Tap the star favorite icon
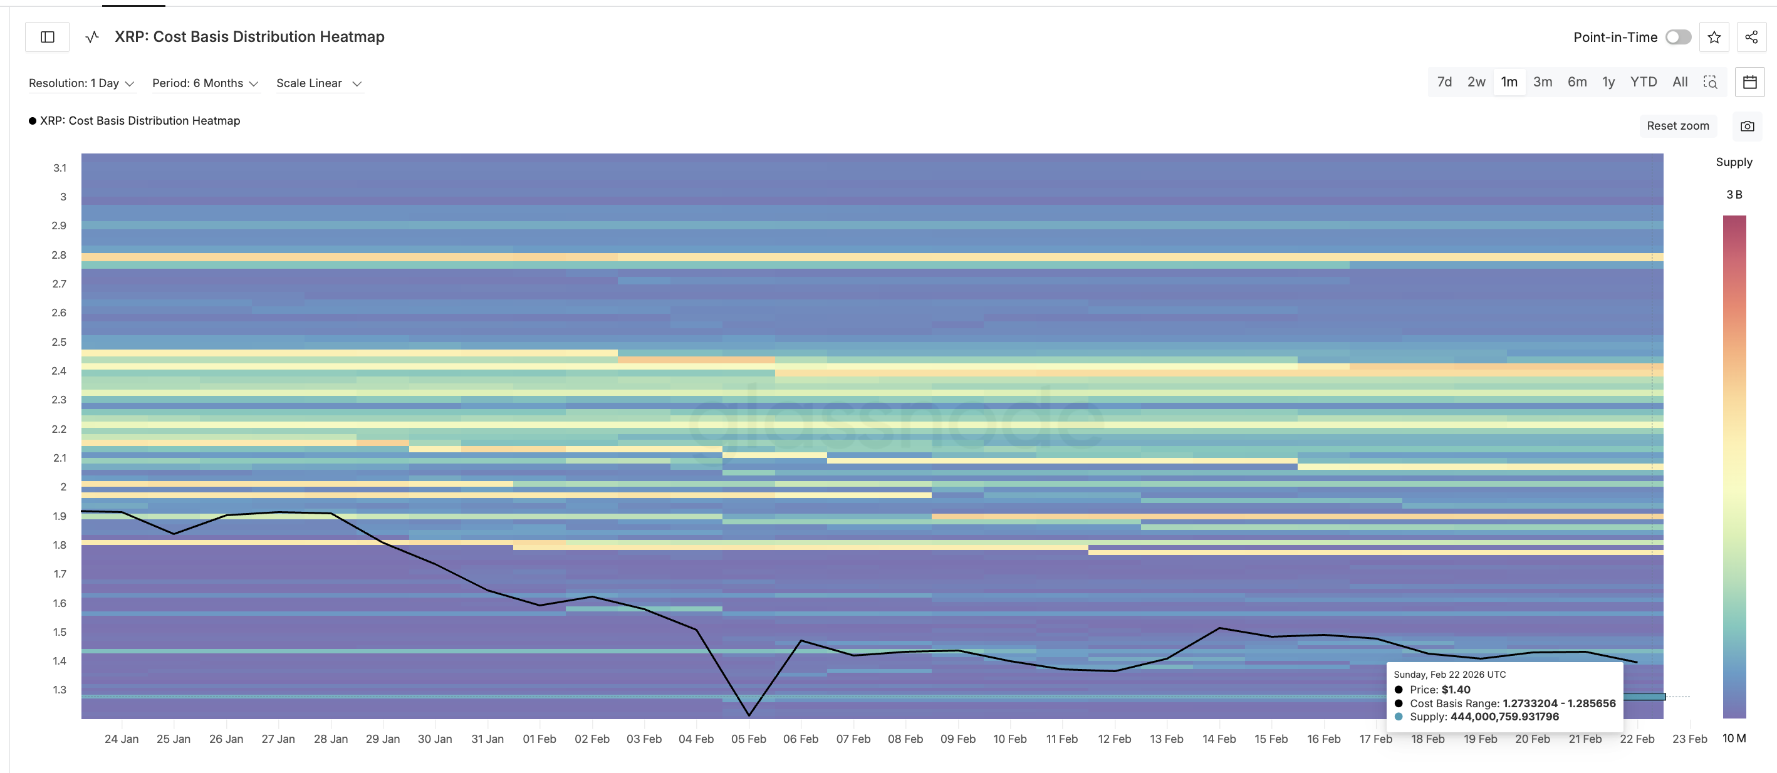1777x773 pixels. coord(1714,37)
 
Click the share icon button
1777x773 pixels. coord(1751,37)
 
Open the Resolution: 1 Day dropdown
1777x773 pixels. coord(81,83)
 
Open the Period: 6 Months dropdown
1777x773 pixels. coord(205,83)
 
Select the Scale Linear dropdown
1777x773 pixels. coord(319,83)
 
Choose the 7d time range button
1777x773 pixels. coord(1444,82)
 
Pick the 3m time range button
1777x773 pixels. coord(1543,82)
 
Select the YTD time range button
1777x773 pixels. coord(1643,82)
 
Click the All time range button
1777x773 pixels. coord(1680,82)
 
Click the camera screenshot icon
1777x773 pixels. coord(1747,126)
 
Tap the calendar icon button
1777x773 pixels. coord(1749,82)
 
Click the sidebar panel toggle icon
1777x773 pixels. coord(48,37)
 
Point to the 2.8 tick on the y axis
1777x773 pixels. coord(60,255)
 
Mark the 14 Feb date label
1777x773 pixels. coord(1219,739)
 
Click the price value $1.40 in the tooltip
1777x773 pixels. coord(1456,690)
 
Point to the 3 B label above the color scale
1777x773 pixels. coord(1734,194)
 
